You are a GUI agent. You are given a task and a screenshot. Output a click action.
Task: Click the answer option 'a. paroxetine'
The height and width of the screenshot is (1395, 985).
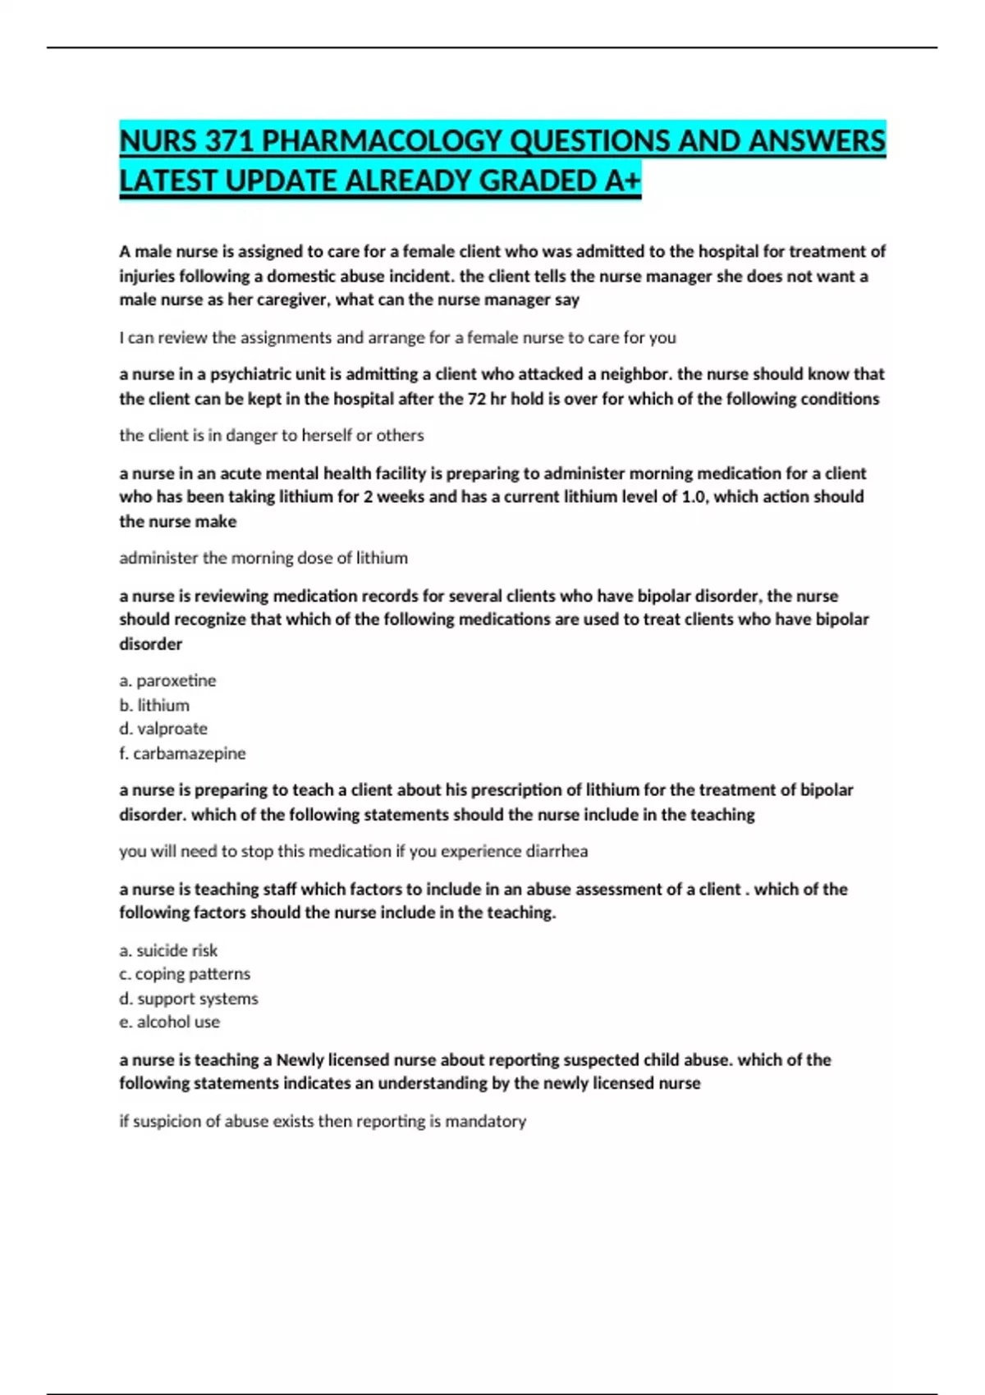pos(167,680)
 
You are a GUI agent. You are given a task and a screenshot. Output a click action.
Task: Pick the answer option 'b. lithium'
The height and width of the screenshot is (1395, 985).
pos(154,705)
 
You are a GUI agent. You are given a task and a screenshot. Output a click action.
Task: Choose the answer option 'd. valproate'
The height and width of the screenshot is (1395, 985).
pos(163,729)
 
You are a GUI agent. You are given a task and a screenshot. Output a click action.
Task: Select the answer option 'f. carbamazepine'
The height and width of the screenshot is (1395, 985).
pos(182,753)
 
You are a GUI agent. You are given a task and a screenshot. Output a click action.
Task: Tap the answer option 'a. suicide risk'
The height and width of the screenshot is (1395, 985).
pos(168,950)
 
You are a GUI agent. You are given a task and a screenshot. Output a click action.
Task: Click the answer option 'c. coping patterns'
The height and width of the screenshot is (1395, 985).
pos(185,974)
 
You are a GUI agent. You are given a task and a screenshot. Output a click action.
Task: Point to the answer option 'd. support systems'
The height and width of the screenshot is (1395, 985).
pos(189,999)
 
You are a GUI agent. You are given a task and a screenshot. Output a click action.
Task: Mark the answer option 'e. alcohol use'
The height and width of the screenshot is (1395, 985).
pos(169,1022)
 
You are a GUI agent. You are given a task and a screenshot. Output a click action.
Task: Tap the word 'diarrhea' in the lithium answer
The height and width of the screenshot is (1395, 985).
pos(556,851)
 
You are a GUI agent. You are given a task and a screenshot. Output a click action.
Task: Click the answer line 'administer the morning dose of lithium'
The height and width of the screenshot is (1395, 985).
pos(263,558)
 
